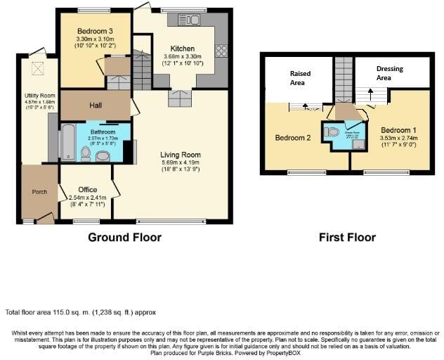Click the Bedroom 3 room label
(94, 30)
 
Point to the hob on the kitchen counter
(222, 51)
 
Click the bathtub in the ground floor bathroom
(68, 143)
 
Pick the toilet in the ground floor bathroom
(85, 153)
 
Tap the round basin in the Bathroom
(103, 156)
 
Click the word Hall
(96, 105)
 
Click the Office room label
(88, 190)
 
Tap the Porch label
(39, 192)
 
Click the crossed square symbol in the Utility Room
(33, 67)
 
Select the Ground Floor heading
(124, 238)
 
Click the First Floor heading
(347, 238)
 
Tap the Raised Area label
(300, 77)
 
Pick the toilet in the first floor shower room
(333, 131)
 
